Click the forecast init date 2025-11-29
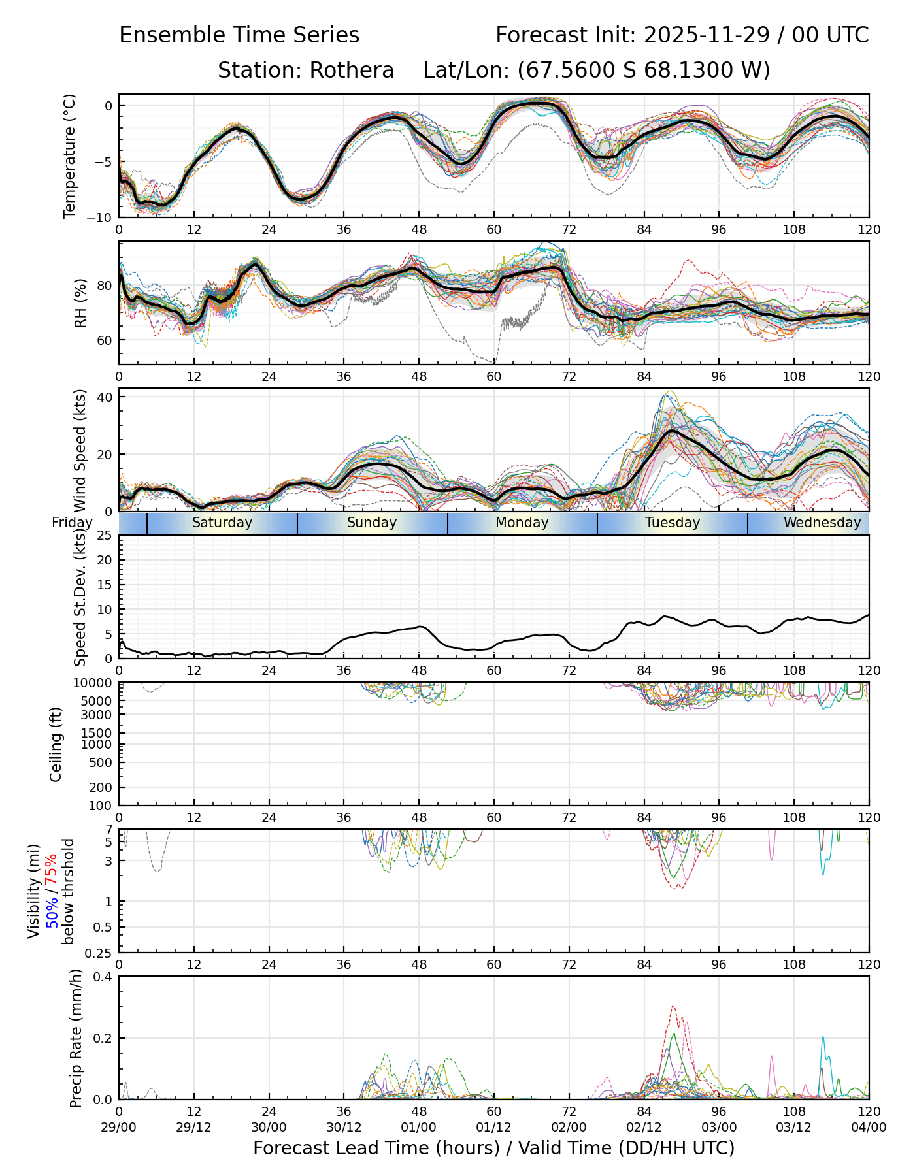coord(708,35)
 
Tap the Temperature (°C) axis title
coord(70,155)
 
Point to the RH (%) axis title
coord(80,303)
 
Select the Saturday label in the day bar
coord(222,523)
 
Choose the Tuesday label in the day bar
coord(673,523)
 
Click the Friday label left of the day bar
coord(72,523)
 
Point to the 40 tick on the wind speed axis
coord(105,397)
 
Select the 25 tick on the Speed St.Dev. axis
coord(105,536)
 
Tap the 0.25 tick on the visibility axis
coord(99,953)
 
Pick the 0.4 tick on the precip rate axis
coord(103,977)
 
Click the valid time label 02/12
coord(644,1127)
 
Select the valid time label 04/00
coord(869,1127)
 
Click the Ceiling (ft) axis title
coord(56,744)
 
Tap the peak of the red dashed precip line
coord(673,1007)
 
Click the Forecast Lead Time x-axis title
coord(493,1148)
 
